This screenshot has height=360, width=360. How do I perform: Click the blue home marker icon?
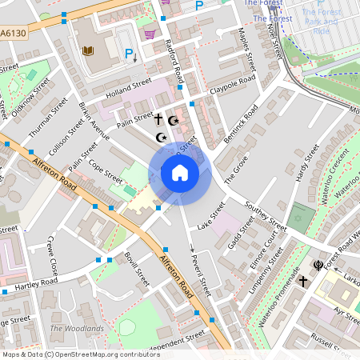(x=180, y=172)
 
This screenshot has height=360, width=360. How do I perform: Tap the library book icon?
(x=89, y=51)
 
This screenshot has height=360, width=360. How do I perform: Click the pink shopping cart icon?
(x=150, y=34)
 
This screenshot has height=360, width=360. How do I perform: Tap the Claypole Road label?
(x=232, y=84)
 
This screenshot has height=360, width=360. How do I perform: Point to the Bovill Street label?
(x=137, y=270)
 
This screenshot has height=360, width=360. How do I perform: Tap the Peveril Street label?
(x=199, y=273)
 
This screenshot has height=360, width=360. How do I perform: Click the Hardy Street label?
(x=302, y=169)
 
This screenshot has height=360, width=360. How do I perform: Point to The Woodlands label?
(x=77, y=329)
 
